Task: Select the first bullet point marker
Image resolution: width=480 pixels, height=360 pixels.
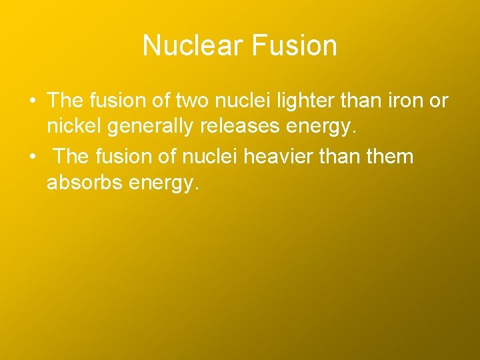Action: click(x=32, y=101)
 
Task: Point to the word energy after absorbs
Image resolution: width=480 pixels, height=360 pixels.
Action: click(x=161, y=184)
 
